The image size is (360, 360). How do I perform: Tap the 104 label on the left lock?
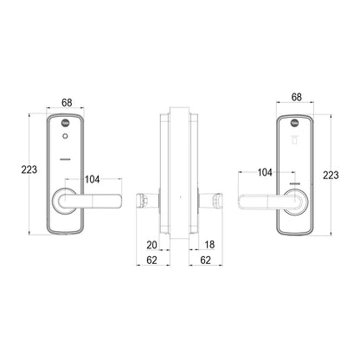point(93,180)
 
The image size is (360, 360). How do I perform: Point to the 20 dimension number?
point(151,246)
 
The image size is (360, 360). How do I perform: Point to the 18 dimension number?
point(210,246)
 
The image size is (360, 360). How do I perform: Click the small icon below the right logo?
point(293,137)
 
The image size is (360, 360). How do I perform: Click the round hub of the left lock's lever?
point(66,200)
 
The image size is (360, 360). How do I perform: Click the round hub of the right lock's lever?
point(294,200)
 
